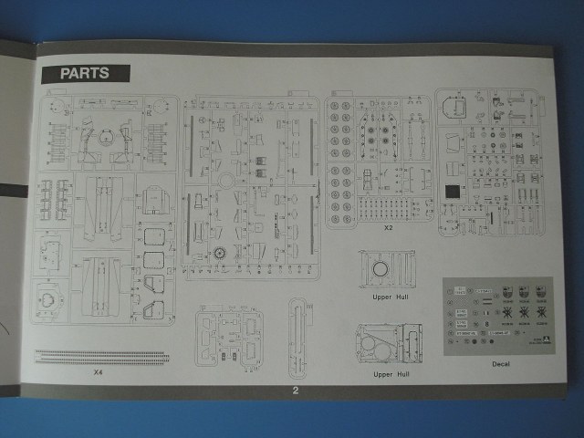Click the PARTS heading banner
pyautogui.click(x=85, y=74)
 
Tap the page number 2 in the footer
pyautogui.click(x=295, y=391)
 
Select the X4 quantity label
pyautogui.click(x=98, y=372)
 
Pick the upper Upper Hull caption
pyautogui.click(x=387, y=297)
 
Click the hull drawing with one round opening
pyautogui.click(x=387, y=269)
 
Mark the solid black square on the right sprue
pyautogui.click(x=451, y=192)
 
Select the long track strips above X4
pyautogui.click(x=100, y=356)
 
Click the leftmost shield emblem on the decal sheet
pyautogui.click(x=502, y=295)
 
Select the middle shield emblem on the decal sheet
pyautogui.click(x=523, y=295)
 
